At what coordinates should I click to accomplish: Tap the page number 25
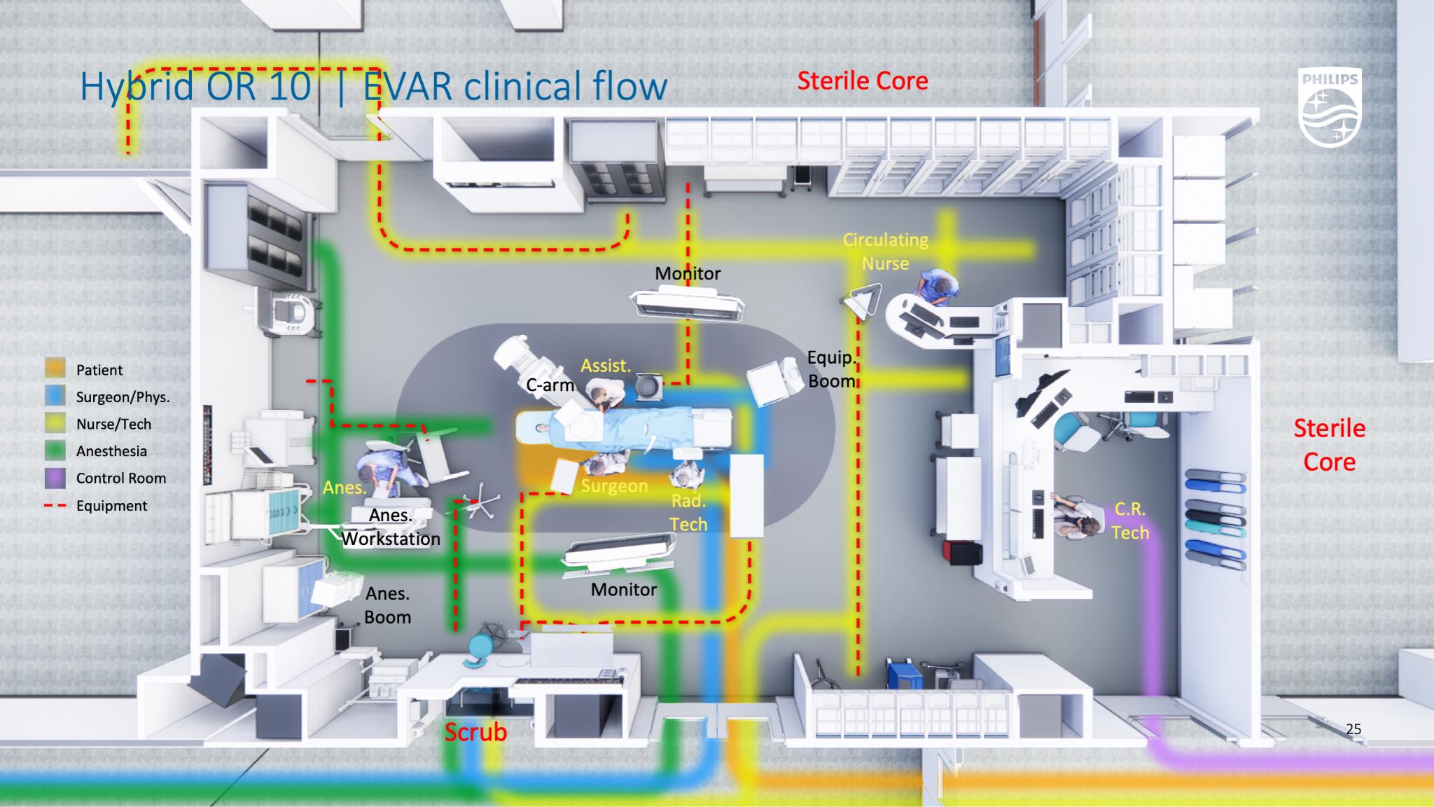pos(1353,729)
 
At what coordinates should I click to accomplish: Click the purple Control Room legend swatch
pos(55,478)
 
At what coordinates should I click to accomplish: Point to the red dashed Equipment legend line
pos(55,506)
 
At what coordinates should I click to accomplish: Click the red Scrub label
pos(475,732)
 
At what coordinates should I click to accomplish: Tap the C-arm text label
pos(550,385)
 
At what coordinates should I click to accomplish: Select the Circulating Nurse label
pos(886,251)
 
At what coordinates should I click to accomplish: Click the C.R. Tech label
pos(1130,521)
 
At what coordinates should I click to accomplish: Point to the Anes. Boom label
pos(387,605)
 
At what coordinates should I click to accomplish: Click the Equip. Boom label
pos(832,369)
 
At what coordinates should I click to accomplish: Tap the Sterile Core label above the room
pos(863,81)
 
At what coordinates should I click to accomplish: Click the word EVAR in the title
pos(405,87)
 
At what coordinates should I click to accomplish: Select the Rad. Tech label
pos(688,512)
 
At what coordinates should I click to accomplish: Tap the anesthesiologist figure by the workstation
pos(381,469)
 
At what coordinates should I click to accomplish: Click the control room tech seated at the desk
pos(1071,517)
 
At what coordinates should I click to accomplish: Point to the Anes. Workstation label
pos(391,527)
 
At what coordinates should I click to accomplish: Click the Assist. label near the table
pos(606,365)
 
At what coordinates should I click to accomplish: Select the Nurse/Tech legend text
pos(113,424)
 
